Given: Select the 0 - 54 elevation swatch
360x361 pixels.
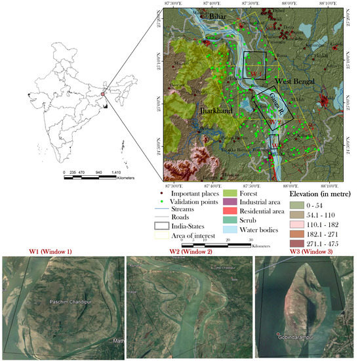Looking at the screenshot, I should coord(298,206).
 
